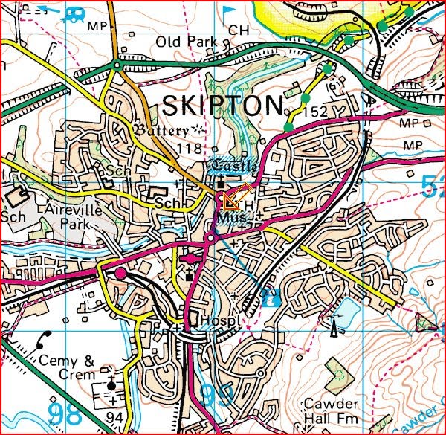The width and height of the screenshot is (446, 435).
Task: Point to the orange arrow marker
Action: (233, 197)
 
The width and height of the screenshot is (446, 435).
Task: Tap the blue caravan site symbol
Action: (76, 13)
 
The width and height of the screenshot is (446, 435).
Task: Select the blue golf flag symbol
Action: (228, 11)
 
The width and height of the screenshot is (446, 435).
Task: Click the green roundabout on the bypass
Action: (116, 66)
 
